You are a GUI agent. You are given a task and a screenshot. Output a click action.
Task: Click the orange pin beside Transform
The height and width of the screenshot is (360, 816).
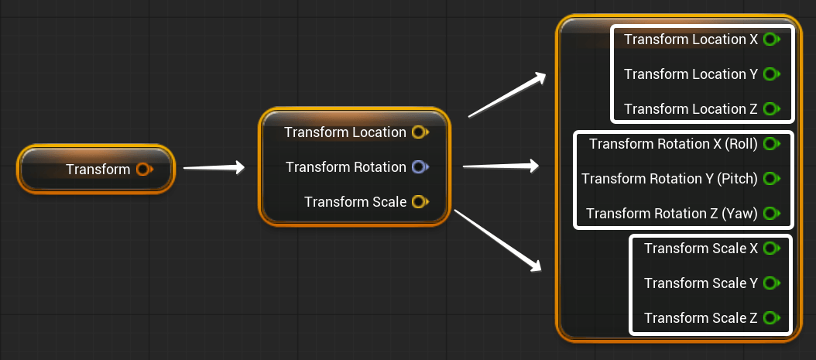point(142,169)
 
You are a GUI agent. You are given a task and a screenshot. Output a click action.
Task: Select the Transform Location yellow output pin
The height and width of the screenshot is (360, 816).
point(418,132)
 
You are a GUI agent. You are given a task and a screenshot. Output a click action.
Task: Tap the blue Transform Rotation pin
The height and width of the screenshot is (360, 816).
point(418,167)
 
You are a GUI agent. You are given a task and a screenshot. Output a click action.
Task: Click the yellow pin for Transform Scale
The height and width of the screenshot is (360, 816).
point(418,202)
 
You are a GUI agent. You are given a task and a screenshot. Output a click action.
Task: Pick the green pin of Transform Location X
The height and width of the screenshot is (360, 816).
point(770,39)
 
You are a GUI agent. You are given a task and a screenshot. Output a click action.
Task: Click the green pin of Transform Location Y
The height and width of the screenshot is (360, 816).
point(770,74)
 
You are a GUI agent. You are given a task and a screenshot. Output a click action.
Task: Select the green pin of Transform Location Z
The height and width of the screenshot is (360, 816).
point(770,109)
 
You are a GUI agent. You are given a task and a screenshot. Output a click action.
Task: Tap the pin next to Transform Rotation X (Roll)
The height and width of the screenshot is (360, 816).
point(770,144)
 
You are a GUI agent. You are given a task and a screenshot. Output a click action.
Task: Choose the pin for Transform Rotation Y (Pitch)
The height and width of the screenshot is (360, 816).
point(770,179)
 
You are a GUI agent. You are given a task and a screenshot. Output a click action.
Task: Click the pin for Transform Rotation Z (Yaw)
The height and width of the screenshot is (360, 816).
point(770,214)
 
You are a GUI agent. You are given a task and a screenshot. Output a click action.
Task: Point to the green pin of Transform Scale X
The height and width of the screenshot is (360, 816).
point(770,249)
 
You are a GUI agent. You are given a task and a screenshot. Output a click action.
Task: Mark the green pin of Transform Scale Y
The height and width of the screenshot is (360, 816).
point(770,283)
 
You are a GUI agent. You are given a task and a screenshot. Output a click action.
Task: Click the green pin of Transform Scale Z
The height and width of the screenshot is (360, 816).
point(770,318)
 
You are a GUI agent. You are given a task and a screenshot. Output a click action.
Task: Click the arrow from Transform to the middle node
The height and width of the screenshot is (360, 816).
point(214,167)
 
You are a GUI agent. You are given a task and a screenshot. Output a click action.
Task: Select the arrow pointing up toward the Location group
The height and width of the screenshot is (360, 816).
point(508,95)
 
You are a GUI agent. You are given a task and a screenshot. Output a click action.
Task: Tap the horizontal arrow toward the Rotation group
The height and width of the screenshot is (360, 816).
point(500,165)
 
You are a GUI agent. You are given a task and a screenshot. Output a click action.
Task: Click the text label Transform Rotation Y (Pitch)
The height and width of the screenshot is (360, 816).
point(670,179)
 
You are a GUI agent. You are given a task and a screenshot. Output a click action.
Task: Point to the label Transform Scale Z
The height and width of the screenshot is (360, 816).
point(701,318)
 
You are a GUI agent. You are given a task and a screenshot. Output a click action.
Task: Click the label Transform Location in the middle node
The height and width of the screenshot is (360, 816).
point(345,132)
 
